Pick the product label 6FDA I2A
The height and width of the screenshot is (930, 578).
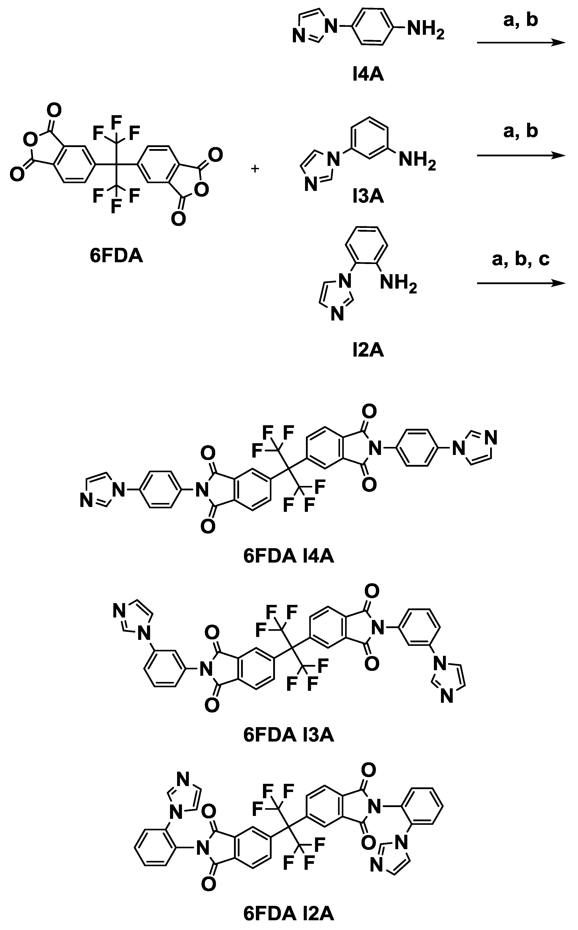click(289, 914)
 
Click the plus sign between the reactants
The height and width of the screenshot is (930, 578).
click(255, 168)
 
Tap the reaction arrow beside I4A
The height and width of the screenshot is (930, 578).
click(521, 43)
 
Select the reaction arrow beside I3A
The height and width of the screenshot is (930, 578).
click(521, 155)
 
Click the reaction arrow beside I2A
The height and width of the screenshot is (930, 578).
click(521, 283)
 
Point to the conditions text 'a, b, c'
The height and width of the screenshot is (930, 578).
click(521, 260)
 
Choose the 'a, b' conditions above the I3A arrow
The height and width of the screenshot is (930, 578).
click(521, 131)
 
